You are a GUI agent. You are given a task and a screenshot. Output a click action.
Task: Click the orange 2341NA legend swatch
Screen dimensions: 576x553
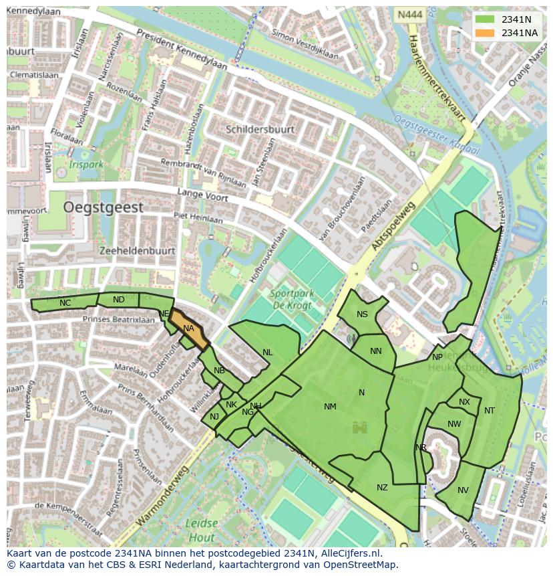(x=485, y=33)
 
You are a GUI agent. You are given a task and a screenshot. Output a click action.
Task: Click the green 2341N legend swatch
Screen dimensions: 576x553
(x=485, y=19)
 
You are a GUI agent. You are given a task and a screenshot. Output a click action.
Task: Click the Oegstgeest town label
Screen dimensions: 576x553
(x=104, y=208)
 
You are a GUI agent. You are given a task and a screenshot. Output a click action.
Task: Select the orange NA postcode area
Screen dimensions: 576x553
(x=189, y=329)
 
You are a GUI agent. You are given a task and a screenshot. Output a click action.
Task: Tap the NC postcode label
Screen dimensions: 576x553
(x=65, y=303)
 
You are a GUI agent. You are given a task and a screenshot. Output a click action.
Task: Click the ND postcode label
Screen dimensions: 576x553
(x=118, y=300)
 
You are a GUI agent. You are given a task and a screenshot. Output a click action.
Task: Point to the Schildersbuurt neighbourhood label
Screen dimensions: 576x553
(x=260, y=129)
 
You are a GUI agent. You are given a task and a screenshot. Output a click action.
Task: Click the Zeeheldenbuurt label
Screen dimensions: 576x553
(x=136, y=251)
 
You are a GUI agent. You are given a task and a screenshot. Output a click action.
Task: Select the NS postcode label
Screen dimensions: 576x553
(x=362, y=314)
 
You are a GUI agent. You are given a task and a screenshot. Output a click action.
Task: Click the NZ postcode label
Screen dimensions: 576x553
(x=382, y=488)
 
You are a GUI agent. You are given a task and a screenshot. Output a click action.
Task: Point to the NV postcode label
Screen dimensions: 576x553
(x=463, y=490)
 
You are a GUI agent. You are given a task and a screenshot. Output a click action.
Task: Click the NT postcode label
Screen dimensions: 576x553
(x=490, y=411)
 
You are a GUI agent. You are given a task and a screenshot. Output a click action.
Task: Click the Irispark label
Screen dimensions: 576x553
(x=87, y=164)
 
